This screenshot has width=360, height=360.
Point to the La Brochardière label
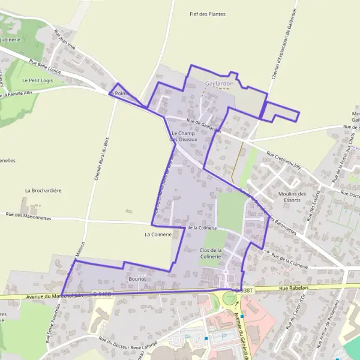click(43, 190)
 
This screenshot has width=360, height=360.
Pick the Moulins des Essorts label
click(292, 197)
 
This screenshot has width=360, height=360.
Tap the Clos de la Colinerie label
click(211, 253)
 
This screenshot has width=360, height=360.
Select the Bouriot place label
click(137, 279)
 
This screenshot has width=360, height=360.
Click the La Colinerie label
click(158, 235)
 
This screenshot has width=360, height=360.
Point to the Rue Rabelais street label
click(292, 289)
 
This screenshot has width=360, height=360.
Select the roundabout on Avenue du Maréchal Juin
click(230, 298)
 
